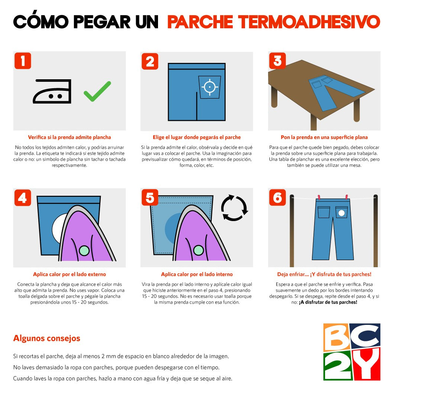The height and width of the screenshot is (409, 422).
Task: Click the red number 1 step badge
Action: (x=23, y=61)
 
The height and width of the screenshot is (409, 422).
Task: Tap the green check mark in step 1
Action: (x=97, y=92)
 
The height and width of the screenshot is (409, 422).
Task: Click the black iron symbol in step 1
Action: (x=52, y=91)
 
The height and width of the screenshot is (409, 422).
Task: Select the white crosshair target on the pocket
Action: (x=210, y=87)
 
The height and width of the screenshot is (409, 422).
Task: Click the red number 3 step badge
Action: (x=277, y=61)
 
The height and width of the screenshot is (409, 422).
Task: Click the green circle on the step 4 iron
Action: (x=84, y=250)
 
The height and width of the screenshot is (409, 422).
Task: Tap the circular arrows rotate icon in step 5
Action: (x=234, y=208)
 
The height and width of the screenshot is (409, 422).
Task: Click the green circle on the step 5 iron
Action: (x=199, y=250)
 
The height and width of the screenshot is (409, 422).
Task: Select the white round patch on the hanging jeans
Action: (x=341, y=213)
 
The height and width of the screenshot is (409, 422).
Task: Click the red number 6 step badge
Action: (x=277, y=198)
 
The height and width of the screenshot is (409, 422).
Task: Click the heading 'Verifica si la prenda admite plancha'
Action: (x=70, y=137)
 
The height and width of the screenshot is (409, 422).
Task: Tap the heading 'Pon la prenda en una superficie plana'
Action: (x=324, y=137)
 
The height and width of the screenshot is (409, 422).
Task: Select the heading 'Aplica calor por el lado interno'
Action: (x=197, y=274)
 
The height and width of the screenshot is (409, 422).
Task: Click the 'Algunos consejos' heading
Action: (x=46, y=338)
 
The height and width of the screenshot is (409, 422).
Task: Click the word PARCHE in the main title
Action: (x=200, y=22)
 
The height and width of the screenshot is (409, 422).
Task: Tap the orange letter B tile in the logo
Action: (x=337, y=337)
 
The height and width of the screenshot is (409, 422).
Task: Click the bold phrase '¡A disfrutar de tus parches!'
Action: (x=328, y=302)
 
